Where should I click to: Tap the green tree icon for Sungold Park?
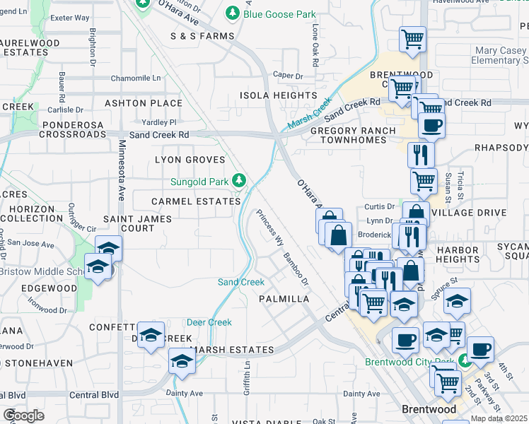[240, 181]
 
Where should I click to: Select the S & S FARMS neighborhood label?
[202, 36]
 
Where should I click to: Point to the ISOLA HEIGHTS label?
[278, 95]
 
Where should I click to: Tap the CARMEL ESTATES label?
[196, 201]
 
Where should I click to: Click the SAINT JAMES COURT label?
[137, 223]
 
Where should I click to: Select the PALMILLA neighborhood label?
[284, 299]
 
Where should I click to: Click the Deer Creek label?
[209, 322]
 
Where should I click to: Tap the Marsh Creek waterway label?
[309, 114]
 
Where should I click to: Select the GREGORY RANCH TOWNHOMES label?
[349, 135]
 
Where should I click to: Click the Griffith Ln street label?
[247, 378]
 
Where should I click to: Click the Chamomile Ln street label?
[151, 80]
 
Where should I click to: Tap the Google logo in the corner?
[23, 415]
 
